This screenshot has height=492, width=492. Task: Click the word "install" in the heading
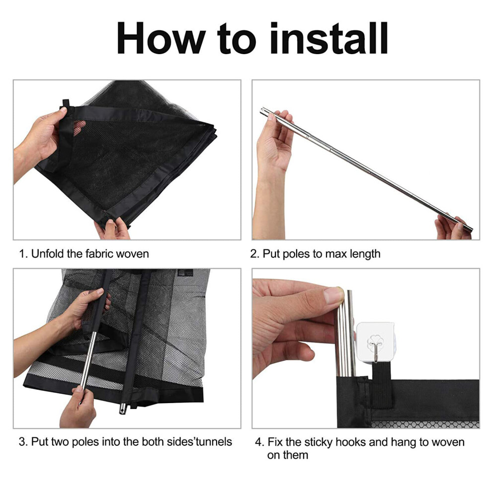tap(329, 38)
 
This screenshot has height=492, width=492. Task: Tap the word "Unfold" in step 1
tap(48, 253)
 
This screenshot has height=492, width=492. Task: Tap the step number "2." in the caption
tap(254, 254)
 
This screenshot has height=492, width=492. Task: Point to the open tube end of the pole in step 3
tap(122, 409)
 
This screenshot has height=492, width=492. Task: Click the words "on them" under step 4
tap(288, 455)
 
